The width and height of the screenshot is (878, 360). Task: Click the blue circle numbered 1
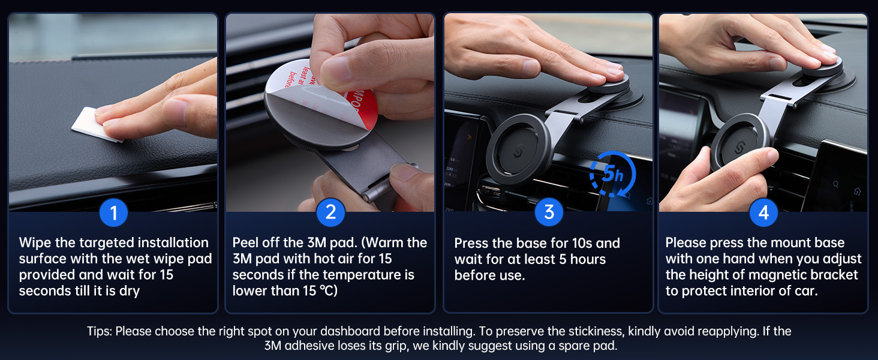pyautogui.click(x=114, y=212)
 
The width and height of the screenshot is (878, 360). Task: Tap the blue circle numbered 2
pyautogui.click(x=331, y=212)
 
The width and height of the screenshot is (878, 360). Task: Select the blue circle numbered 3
pyautogui.click(x=549, y=212)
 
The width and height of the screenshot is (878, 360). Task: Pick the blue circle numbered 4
pyautogui.click(x=763, y=212)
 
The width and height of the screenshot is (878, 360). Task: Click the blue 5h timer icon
pyautogui.click(x=613, y=174)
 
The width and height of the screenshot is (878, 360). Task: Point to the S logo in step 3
pyautogui.click(x=519, y=151)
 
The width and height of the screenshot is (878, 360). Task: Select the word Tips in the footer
pyautogui.click(x=100, y=331)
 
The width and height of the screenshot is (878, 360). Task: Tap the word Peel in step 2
pyautogui.click(x=245, y=243)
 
